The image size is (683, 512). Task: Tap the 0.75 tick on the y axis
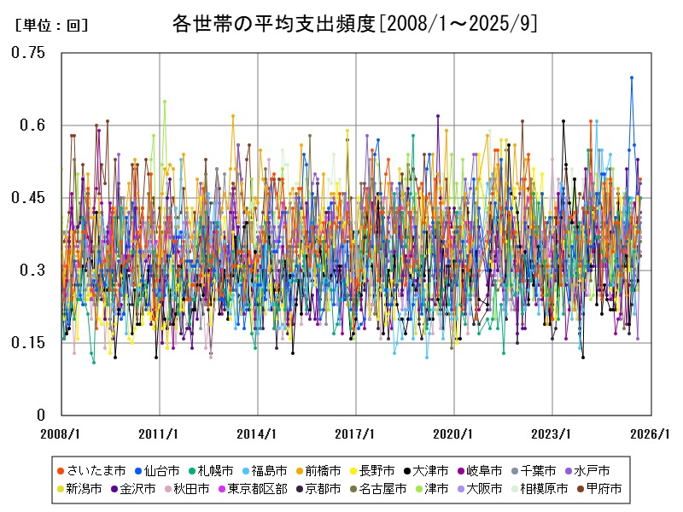pos(28,53)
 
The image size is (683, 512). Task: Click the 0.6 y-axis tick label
pos(33,125)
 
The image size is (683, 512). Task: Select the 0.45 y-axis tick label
pos(28,198)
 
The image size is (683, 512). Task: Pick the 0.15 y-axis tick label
pos(28,343)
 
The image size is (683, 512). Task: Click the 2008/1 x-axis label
pos(62,433)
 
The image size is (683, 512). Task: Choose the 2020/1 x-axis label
pos(454,433)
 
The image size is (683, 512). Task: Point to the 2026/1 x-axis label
pos(650,433)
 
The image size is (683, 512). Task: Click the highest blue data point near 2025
pos(632,78)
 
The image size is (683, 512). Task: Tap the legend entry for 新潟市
pos(84,489)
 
